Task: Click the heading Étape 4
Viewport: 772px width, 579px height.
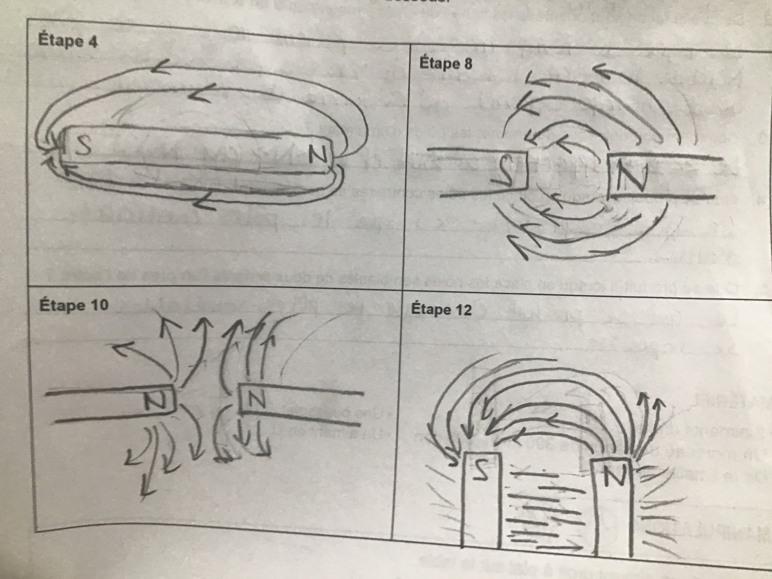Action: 67,41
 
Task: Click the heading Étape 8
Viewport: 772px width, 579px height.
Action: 445,64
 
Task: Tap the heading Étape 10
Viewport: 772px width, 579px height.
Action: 74,305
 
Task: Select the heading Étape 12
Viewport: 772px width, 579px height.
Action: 441,309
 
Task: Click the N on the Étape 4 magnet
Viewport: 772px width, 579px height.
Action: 318,155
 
